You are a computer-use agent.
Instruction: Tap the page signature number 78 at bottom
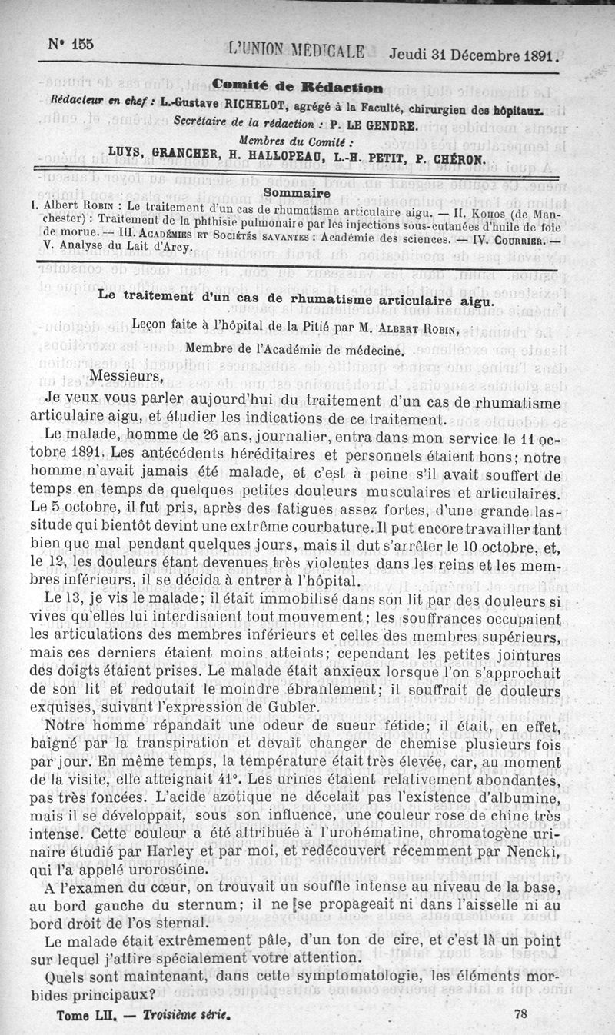(x=519, y=1013)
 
